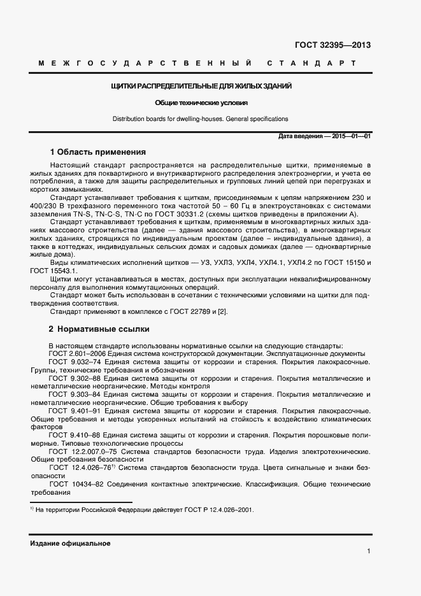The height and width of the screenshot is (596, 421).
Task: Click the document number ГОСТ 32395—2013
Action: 332,45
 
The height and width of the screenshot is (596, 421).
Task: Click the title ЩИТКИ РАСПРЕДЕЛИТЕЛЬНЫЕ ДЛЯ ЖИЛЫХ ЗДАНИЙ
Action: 201,86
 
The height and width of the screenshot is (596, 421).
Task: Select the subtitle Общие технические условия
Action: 201,103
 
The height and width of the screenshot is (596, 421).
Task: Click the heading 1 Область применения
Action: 97,152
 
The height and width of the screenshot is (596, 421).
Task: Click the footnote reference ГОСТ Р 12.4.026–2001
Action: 216,510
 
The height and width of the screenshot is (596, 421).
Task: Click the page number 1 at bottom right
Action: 369,551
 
